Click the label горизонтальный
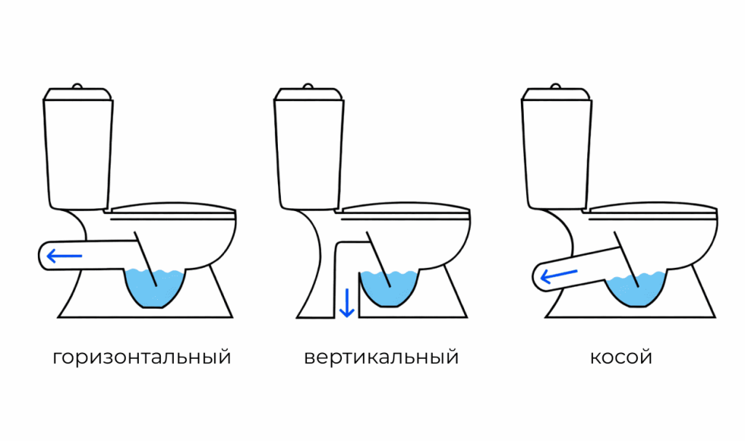(x=142, y=358)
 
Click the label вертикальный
(x=381, y=358)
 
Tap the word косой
(x=621, y=358)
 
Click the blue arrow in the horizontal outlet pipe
(x=64, y=255)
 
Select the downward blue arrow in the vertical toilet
(x=347, y=302)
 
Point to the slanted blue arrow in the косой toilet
(x=559, y=275)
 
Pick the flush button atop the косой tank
(x=557, y=86)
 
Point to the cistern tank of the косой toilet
(x=557, y=149)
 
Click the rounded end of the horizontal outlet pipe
(x=42, y=255)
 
